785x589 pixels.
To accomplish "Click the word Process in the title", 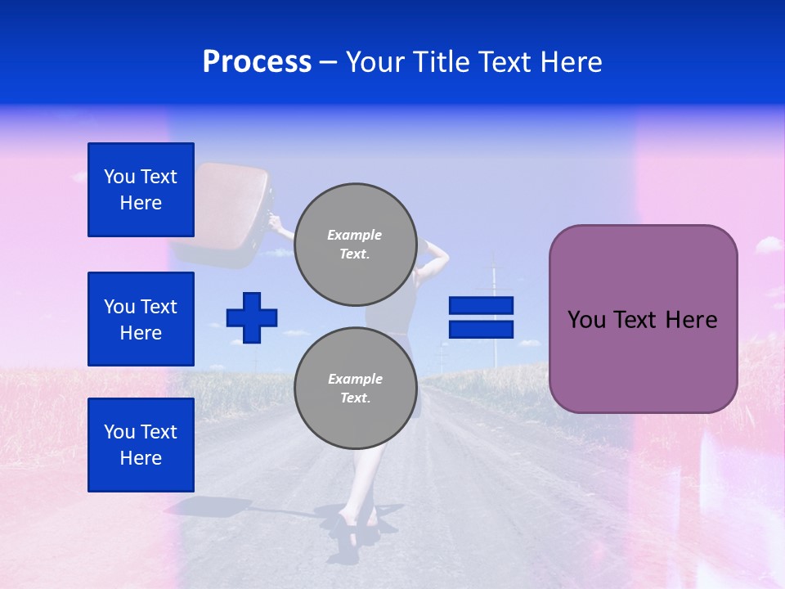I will point(257,62).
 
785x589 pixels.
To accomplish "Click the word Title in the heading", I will point(441,62).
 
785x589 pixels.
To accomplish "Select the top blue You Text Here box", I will point(141,190).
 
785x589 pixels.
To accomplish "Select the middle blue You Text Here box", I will point(141,319).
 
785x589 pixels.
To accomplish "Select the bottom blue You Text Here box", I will point(141,445).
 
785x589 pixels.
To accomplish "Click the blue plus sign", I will point(252,317).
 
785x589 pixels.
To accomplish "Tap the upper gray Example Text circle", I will point(355,245).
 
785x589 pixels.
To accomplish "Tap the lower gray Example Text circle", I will point(355,389).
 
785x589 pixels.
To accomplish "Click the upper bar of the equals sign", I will point(481,305).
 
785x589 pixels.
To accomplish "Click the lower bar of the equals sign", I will point(481,329).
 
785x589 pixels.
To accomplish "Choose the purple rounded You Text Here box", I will point(643,319).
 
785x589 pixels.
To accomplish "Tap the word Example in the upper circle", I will point(355,235).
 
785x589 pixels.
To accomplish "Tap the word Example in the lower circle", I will point(355,379).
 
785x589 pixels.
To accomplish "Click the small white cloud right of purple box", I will point(769,244).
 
